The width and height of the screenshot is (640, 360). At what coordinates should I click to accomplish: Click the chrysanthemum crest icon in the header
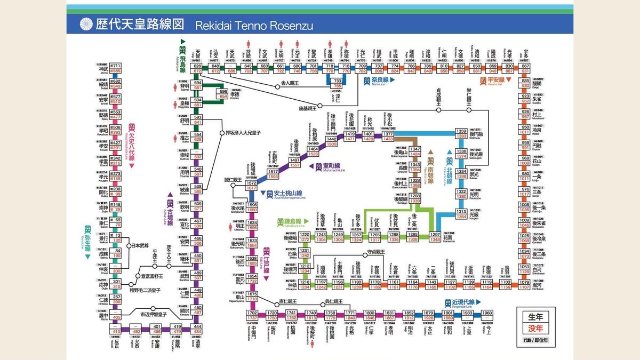tap(86, 25)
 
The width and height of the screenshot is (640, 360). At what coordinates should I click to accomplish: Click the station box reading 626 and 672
tap(198, 68)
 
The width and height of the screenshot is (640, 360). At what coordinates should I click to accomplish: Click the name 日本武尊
tap(141, 246)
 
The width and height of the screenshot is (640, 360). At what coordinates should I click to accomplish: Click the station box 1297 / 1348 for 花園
tap(435, 236)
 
